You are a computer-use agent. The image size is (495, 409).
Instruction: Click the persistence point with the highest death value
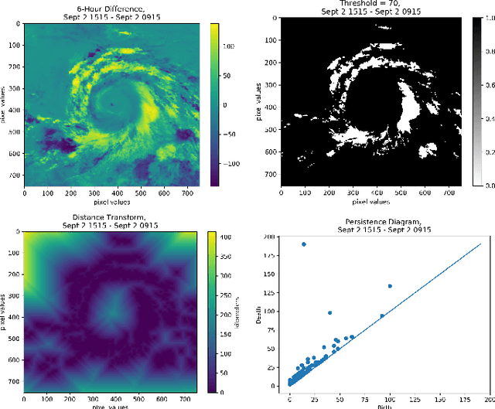[303, 244]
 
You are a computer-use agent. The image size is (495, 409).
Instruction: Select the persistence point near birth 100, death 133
[389, 286]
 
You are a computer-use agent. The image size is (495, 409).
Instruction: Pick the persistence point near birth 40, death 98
[329, 313]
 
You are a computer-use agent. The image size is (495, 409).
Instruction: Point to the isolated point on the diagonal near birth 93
[382, 316]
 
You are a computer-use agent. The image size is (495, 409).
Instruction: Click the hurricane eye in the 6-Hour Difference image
[111, 103]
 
